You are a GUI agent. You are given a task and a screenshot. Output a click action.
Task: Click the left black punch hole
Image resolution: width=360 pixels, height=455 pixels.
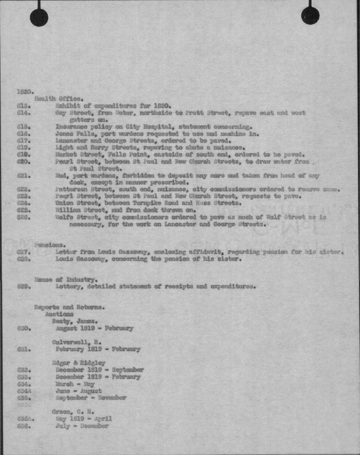[39, 17]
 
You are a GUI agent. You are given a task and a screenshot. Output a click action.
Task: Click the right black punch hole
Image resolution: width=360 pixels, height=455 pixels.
[310, 15]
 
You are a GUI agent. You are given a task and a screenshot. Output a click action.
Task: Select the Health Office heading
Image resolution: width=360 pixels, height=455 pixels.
[59, 98]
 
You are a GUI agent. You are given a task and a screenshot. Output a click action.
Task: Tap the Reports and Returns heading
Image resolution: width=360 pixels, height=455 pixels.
[69, 307]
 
